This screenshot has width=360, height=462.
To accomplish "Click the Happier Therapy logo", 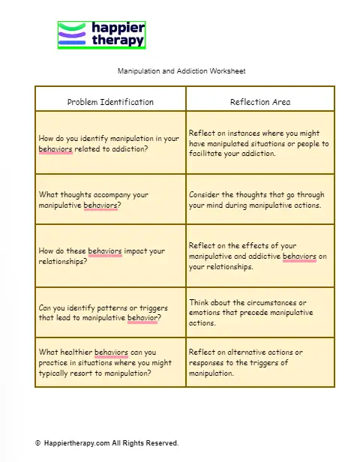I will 101,34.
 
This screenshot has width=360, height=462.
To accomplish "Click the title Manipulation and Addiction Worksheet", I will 181,71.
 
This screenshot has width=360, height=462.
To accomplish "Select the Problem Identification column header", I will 110,101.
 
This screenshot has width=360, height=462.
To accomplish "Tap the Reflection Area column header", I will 259,101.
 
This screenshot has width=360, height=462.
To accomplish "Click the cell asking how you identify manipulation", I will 110,142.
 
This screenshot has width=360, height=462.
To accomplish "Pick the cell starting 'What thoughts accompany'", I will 110,199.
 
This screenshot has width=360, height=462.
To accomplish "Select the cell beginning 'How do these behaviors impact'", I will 110,256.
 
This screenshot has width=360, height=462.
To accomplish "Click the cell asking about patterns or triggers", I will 110,312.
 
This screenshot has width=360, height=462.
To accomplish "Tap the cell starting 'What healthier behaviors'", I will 110,361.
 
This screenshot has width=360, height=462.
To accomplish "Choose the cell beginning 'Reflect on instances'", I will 259,142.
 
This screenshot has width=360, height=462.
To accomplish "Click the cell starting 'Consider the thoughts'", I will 259,199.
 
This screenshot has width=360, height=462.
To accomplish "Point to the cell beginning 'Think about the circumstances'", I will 259,312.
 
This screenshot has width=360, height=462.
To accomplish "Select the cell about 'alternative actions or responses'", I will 259,361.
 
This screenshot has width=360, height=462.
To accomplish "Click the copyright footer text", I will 106,443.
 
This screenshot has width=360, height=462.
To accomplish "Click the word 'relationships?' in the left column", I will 62,262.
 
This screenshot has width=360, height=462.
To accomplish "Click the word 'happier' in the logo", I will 118,28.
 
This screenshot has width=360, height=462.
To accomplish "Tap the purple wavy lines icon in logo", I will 73,34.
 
